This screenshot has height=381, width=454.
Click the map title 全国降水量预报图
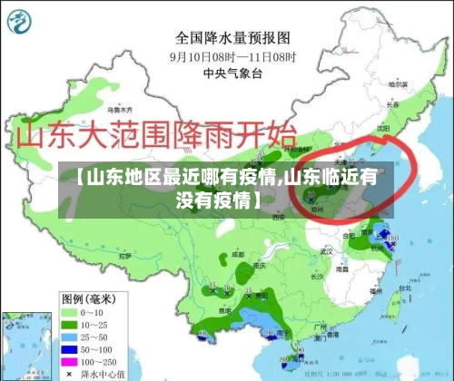click(x=232, y=38)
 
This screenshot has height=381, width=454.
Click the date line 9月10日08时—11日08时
click(x=232, y=56)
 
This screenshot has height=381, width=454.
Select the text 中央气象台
click(x=232, y=73)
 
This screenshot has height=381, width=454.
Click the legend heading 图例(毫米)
click(x=88, y=298)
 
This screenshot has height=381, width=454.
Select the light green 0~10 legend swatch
click(x=69, y=311)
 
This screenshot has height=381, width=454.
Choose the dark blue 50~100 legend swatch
click(x=69, y=347)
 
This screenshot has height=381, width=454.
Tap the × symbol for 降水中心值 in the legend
click(x=69, y=372)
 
